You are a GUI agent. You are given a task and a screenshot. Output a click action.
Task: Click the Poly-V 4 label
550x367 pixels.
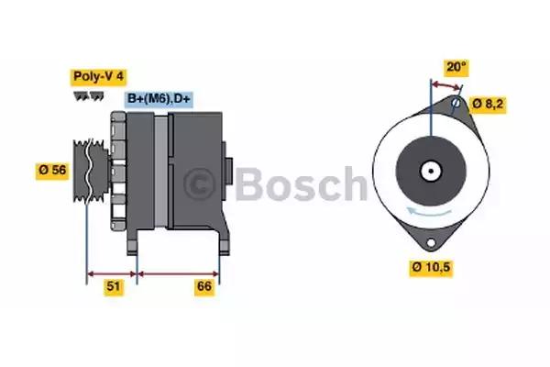pyautogui.click(x=99, y=77)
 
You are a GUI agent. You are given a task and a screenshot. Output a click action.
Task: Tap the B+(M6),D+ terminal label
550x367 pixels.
pyautogui.click(x=159, y=99)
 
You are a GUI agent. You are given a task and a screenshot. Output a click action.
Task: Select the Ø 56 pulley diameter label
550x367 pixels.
pyautogui.click(x=52, y=171)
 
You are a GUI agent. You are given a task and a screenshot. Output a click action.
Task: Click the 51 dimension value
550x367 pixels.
pyautogui.click(x=114, y=287)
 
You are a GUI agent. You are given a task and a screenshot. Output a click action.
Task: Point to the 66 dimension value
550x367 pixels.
pyautogui.click(x=204, y=287)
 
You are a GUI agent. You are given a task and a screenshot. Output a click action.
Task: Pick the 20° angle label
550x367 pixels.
pyautogui.click(x=456, y=67)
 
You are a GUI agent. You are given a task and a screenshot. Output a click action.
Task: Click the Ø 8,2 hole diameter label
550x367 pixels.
pyautogui.click(x=488, y=105)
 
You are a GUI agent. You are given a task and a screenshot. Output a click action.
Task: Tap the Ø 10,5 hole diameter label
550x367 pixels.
pyautogui.click(x=431, y=268)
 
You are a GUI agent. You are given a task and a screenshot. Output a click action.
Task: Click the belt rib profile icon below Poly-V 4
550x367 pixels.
pyautogui.click(x=89, y=95)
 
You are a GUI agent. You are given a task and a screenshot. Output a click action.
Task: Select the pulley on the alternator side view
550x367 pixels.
pyautogui.click(x=91, y=171)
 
